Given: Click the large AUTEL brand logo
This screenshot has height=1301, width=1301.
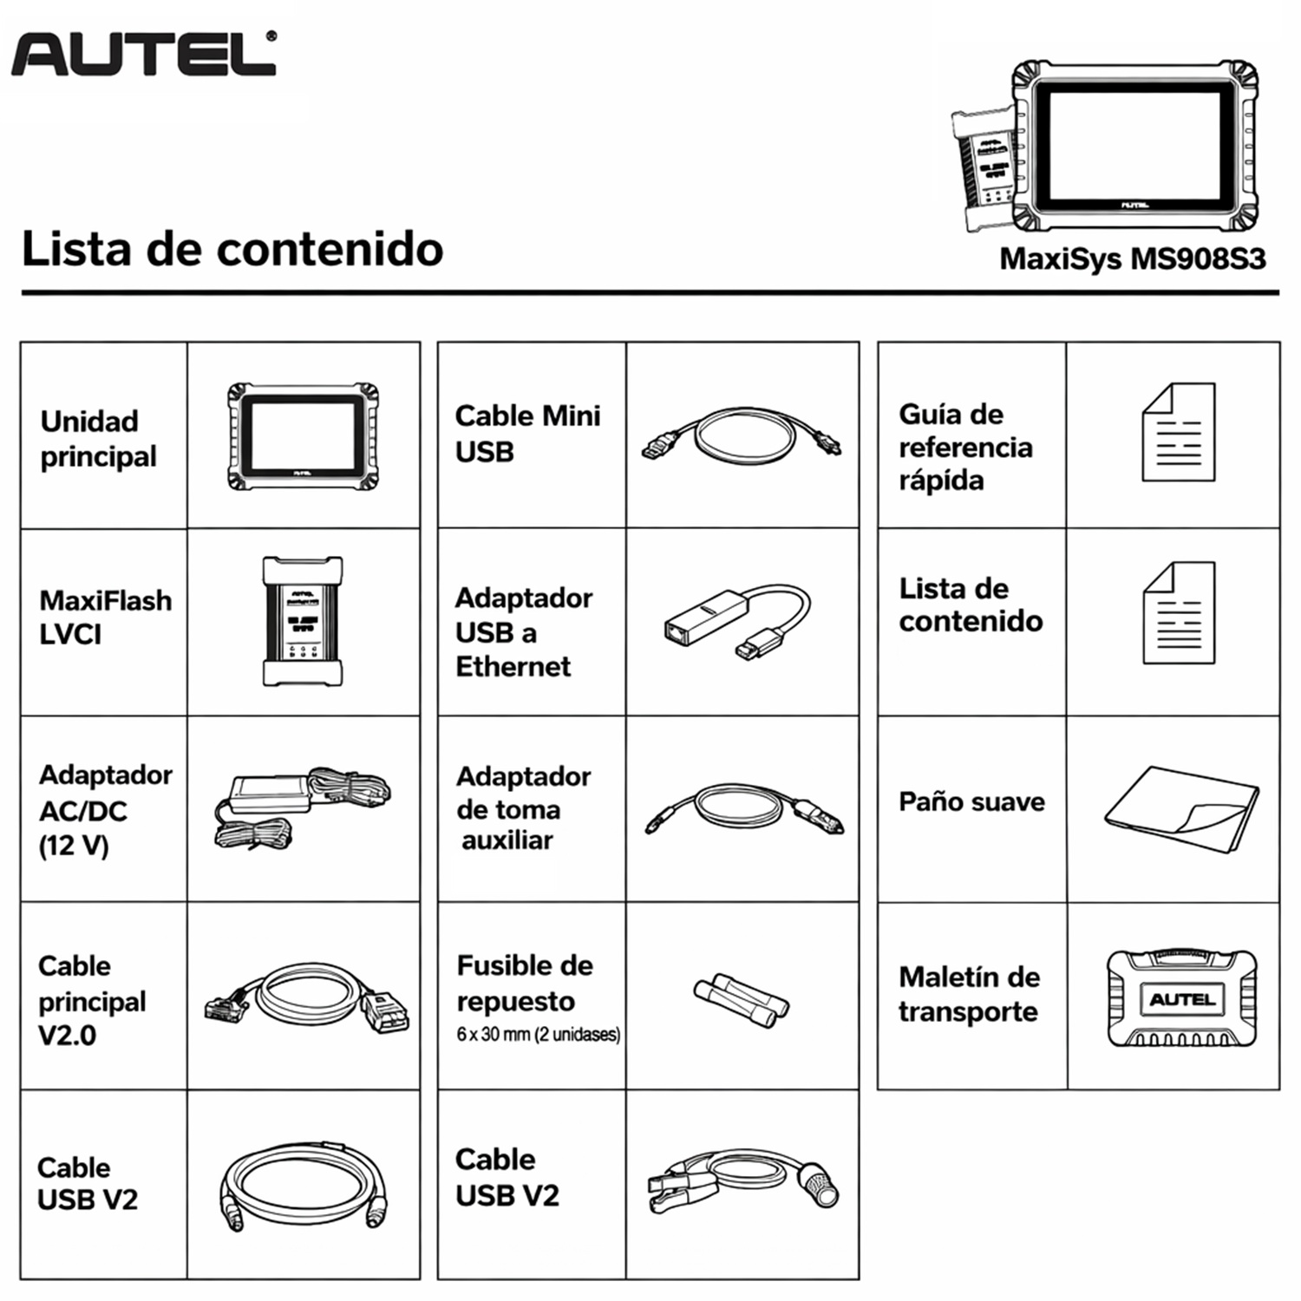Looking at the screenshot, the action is coord(144,54).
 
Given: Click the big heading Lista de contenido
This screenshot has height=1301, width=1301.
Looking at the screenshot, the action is coord(232,249).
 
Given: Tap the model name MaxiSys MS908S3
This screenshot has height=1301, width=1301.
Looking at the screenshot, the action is coord(1133,258).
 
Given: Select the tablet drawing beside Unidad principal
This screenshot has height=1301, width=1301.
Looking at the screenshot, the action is coord(303,436).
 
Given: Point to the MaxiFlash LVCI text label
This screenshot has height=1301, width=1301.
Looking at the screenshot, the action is coord(105,617).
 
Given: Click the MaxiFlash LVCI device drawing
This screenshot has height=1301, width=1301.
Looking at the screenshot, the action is coord(303,621).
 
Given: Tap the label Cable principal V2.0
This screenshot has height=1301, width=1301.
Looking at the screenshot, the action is coord(92,1000).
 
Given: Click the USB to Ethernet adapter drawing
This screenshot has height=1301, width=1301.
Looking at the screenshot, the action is coord(737,624).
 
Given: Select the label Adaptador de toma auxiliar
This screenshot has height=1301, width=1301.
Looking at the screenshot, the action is coord(524,807).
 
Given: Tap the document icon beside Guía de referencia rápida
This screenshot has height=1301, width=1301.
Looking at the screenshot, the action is coord(1179,432).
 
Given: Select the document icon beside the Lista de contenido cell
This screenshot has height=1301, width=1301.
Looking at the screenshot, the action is coord(1179,613).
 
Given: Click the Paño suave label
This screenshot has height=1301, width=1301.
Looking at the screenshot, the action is coord(971,801).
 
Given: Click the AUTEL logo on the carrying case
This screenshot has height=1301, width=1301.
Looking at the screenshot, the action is coord(1182,999).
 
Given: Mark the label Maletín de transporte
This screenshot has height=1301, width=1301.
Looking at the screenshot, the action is coord(969,994).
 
